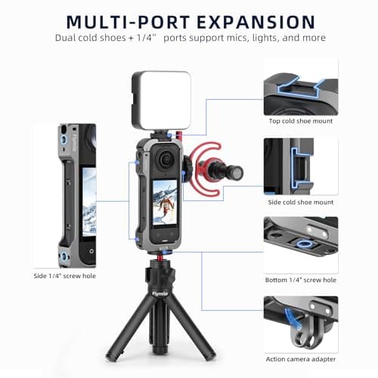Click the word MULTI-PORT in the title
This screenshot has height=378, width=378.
point(128,22)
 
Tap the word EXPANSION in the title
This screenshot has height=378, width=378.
point(256,22)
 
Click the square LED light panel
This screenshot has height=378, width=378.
point(161,101)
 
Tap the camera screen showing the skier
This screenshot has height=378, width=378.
point(165,202)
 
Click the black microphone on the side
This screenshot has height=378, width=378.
point(225,170)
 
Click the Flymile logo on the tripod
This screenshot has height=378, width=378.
point(160,294)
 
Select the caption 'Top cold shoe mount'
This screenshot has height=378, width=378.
point(301,121)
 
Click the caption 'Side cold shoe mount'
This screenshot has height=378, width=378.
point(301,202)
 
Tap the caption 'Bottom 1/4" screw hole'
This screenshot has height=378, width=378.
point(301,280)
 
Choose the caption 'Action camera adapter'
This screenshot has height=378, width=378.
point(301,359)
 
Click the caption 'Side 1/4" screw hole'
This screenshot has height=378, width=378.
point(65,276)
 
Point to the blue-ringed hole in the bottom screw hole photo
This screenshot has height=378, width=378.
point(305,243)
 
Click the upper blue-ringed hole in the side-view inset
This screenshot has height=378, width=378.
point(64,139)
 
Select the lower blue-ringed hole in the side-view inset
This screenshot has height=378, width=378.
point(64,256)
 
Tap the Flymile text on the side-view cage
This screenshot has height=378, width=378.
point(74,142)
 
